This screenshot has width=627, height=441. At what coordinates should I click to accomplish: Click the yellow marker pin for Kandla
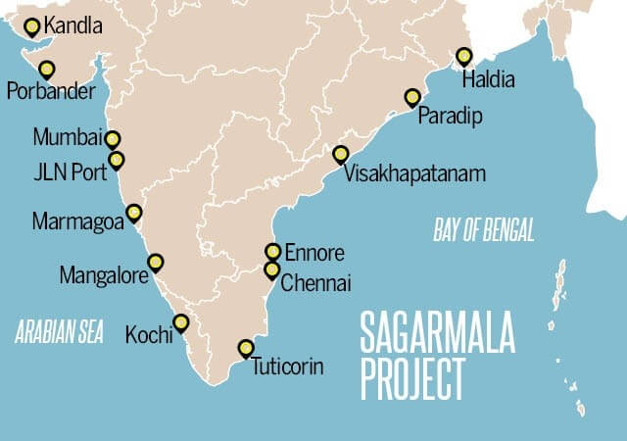point(32,26)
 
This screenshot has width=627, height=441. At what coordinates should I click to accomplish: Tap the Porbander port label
point(50,93)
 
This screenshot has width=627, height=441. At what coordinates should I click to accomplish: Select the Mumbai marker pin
point(113,140)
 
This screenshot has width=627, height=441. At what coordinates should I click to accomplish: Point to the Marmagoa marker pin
point(134,213)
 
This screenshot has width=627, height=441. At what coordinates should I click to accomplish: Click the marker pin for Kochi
point(180,322)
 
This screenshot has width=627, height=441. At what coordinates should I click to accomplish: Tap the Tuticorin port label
point(286,368)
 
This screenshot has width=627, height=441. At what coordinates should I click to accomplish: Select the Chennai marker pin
point(272,269)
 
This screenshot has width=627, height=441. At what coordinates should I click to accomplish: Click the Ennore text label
point(312,254)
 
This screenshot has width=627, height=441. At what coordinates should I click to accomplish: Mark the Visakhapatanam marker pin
point(340,154)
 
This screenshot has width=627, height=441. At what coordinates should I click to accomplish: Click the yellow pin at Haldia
point(464,56)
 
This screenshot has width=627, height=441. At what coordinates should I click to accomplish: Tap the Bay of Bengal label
point(484,231)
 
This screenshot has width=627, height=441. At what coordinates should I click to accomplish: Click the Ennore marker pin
point(273,251)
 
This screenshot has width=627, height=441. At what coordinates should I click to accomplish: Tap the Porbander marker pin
point(46,69)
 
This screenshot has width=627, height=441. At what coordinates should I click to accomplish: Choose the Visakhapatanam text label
point(415,175)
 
